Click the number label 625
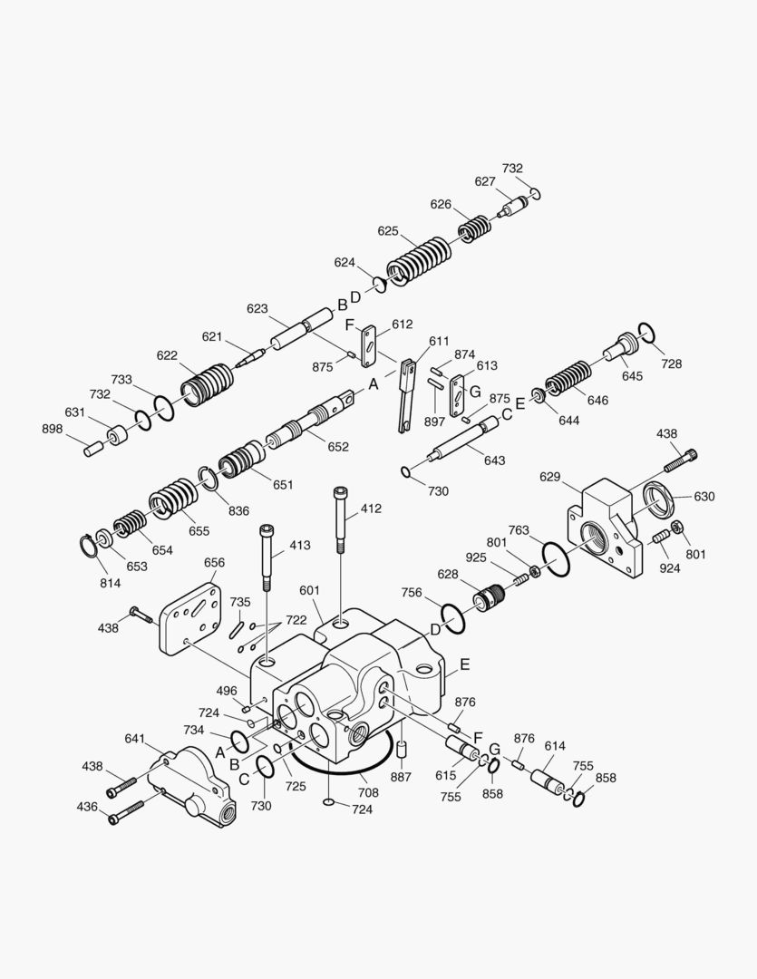coord(388,231)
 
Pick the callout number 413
coord(299,546)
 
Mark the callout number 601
coord(310,591)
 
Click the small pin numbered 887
coord(404,751)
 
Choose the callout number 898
coord(53,429)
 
